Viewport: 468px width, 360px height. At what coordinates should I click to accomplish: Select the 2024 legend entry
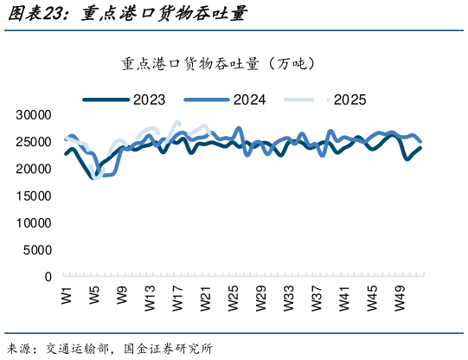[x=250, y=100]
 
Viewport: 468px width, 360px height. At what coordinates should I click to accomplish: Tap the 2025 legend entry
[x=349, y=100]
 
